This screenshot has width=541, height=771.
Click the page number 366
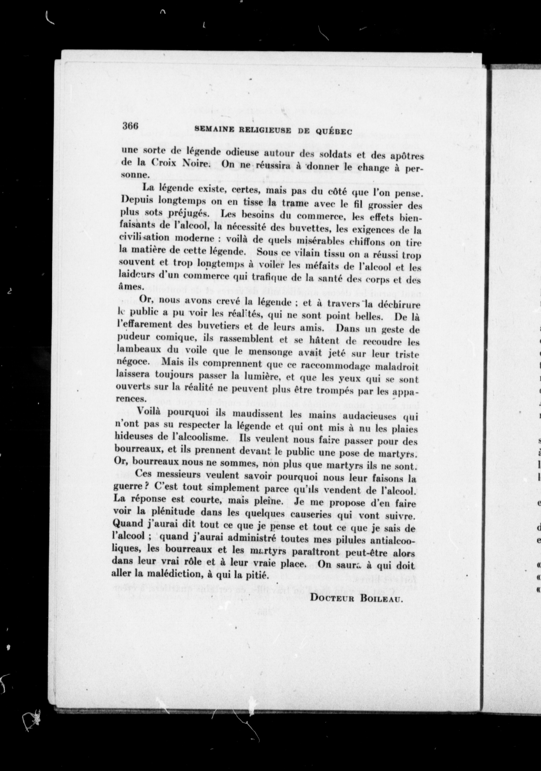130,126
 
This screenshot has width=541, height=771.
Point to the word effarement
149,326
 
